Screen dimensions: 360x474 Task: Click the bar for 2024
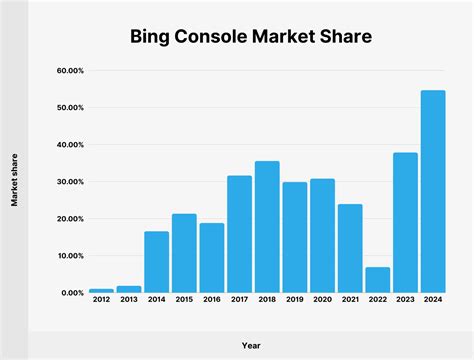[433, 192]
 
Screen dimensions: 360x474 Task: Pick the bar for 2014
[157, 262]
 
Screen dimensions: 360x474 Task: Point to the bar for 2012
[102, 291]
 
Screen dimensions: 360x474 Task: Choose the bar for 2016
[212, 258]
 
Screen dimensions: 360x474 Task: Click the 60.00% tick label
[70, 71]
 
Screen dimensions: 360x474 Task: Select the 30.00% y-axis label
[70, 182]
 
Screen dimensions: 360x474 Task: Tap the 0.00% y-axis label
[72, 293]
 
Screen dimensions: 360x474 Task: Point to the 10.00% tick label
[70, 256]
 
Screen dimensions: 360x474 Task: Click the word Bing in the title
[153, 38]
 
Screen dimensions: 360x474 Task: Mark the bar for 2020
[322, 236]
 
